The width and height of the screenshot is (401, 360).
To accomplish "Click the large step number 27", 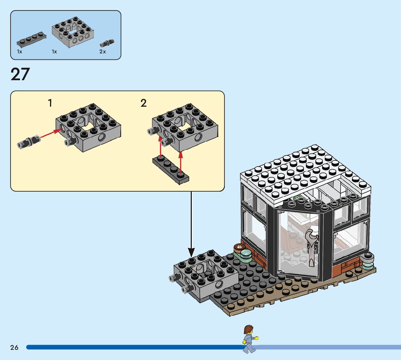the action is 20,74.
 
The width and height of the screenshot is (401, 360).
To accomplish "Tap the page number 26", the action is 15,348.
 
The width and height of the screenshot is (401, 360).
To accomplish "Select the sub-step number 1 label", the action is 50,103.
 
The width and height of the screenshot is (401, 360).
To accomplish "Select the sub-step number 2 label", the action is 144,103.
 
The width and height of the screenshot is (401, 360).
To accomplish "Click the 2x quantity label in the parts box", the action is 103,52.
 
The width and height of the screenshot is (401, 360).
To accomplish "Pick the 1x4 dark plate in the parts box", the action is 31,40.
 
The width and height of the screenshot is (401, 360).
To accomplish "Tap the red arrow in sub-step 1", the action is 49,133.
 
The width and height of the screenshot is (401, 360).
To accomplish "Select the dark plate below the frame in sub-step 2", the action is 170,169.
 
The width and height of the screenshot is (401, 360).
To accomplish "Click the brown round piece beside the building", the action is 240,248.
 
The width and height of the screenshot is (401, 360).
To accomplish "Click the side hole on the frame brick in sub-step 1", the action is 103,137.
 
